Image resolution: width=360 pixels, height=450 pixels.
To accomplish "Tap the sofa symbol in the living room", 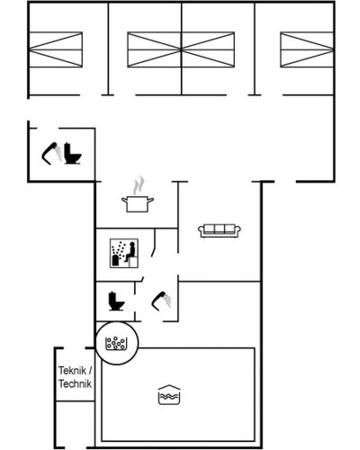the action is pyautogui.click(x=220, y=230).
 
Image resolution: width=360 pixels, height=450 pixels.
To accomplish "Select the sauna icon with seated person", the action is pyautogui.click(x=124, y=253).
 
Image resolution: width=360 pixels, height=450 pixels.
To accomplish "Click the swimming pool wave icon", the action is pyautogui.click(x=169, y=395).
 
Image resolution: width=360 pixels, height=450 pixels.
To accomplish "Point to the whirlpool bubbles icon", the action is pyautogui.click(x=117, y=343).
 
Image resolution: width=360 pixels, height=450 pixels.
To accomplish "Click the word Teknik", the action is pyautogui.click(x=72, y=371).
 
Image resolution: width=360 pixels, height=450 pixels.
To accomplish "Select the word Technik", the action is pyautogui.click(x=75, y=384).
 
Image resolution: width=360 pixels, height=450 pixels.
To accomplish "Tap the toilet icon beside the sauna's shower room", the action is pyautogui.click(x=116, y=301).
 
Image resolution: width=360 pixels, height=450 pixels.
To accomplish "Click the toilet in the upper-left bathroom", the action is pyautogui.click(x=72, y=154).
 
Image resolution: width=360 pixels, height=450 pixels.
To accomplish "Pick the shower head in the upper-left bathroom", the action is pyautogui.click(x=51, y=153).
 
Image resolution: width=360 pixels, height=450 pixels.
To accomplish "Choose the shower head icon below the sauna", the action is pyautogui.click(x=161, y=301).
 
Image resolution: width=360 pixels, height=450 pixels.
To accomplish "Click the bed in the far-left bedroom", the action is pyautogui.click(x=56, y=49).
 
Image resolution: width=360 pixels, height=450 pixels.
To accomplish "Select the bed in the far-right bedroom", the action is pyautogui.click(x=307, y=49).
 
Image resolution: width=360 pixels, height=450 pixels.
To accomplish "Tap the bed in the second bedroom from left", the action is pyautogui.click(x=154, y=49).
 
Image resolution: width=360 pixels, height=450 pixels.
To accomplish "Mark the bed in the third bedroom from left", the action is pyautogui.click(x=208, y=49).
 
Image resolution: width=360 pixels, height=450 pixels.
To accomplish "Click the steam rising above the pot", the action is pyautogui.click(x=139, y=185).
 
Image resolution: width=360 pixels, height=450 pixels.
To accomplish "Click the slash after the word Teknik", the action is pyautogui.click(x=90, y=371).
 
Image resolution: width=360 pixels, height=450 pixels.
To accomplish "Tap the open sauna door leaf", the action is pyautogui.click(x=154, y=242).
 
